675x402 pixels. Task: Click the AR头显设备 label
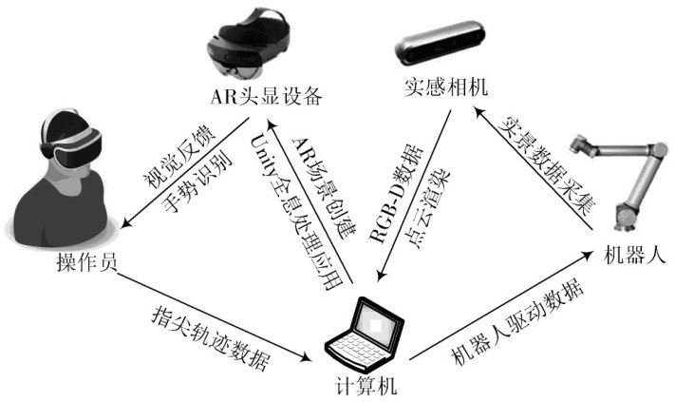269,95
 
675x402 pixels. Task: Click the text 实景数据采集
544,171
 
